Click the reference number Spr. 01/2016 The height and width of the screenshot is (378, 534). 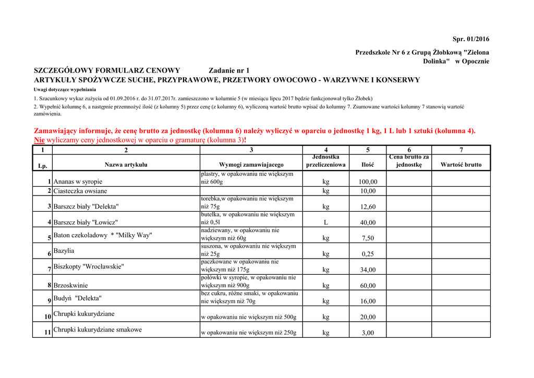[x=471, y=39]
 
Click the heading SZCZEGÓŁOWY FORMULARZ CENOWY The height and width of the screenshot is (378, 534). [x=107, y=70]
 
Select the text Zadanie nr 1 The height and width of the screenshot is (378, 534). [x=229, y=70]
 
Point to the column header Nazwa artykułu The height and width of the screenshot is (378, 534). [x=126, y=165]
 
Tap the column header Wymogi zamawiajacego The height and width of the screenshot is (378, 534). [x=251, y=165]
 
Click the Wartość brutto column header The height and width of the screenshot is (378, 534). [x=461, y=165]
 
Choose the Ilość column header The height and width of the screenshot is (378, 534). [x=368, y=165]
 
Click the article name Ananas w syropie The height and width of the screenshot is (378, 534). [x=78, y=181]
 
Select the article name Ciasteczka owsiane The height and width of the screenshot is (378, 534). [x=80, y=191]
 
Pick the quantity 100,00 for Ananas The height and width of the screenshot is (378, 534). [x=368, y=182]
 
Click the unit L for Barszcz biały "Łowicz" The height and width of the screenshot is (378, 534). [x=326, y=223]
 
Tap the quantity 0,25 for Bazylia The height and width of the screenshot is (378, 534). [x=368, y=254]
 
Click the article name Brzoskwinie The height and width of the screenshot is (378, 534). [x=70, y=285]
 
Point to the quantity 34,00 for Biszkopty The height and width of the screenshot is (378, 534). [x=368, y=270]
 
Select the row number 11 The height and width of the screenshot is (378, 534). [x=47, y=332]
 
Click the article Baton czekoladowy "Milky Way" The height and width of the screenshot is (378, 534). [x=103, y=235]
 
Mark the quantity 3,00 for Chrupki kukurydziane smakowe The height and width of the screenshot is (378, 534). [x=368, y=333]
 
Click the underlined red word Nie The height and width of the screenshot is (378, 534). [x=39, y=140]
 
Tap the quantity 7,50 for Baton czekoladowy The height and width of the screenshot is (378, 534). [x=368, y=238]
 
